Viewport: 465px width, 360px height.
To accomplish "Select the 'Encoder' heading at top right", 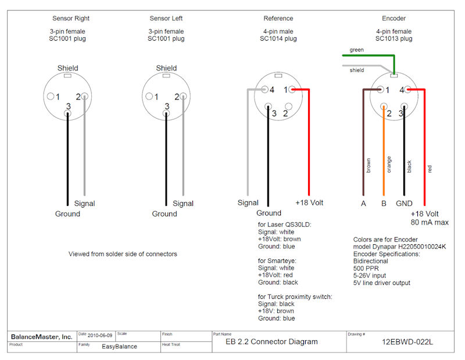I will (x=394, y=19).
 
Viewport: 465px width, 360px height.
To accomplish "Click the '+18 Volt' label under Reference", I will (x=309, y=203).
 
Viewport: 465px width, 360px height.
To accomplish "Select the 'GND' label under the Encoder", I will (x=404, y=204).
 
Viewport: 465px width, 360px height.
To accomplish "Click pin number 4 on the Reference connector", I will (x=271, y=90).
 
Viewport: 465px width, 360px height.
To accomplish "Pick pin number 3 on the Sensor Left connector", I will (x=166, y=106).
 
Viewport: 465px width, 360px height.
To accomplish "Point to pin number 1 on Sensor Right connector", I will (x=58, y=97).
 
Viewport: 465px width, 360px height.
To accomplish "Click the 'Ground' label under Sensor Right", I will (x=67, y=214).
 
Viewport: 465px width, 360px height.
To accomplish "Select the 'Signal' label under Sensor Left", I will (x=183, y=204).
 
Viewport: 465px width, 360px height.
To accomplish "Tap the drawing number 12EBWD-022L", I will (x=407, y=342).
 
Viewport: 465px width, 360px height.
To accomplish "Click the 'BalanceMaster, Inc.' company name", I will (x=42, y=337).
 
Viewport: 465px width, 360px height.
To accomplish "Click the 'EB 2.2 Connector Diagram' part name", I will (x=272, y=342).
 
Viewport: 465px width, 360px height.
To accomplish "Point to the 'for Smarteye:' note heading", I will (x=278, y=261).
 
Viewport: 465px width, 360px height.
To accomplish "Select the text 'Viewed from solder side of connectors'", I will (x=123, y=254).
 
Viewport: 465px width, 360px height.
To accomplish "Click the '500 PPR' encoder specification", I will (x=366, y=268).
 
